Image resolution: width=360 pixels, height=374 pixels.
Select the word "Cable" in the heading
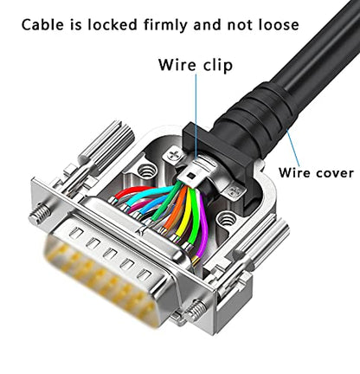42,24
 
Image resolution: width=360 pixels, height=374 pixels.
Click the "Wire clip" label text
196,65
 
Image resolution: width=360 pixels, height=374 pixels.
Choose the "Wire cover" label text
316,173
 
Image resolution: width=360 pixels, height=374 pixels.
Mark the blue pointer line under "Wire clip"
196,116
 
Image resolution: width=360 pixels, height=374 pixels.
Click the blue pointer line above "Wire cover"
293,148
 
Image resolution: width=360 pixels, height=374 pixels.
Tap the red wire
133,192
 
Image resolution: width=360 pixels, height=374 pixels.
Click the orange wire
176,210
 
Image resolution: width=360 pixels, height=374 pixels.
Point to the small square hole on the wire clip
190,175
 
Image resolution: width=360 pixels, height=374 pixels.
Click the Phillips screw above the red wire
174,156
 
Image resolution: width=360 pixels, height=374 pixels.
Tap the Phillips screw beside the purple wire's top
235,190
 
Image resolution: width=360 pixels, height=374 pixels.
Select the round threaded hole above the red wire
147,171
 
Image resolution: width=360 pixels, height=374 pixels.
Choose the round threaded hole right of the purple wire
227,219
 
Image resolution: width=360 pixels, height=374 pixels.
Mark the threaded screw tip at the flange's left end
40,214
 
